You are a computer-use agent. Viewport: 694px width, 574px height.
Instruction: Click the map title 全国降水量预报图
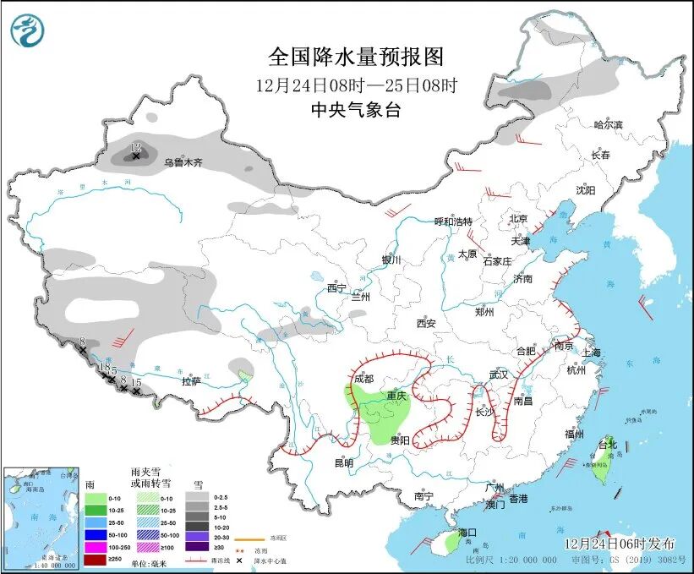tap(355, 57)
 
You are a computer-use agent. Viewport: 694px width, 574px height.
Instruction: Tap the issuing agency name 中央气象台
tap(355, 109)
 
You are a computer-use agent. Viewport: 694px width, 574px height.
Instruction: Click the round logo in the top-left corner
tap(28, 30)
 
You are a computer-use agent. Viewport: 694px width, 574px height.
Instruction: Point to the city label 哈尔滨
tap(607, 125)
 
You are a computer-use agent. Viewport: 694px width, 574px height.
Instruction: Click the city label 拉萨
tap(192, 381)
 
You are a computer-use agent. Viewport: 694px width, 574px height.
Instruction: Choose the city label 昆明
tap(343, 462)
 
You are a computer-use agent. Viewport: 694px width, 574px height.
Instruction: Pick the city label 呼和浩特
tap(453, 221)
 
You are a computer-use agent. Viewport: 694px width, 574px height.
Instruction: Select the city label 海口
tap(467, 533)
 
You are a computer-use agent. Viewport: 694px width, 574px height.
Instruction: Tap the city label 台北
tap(608, 444)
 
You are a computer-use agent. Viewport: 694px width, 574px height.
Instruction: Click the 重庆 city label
tap(396, 396)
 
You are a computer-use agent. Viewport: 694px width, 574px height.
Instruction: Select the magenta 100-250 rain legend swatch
tap(97, 549)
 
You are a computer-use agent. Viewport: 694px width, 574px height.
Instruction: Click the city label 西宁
tap(337, 287)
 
